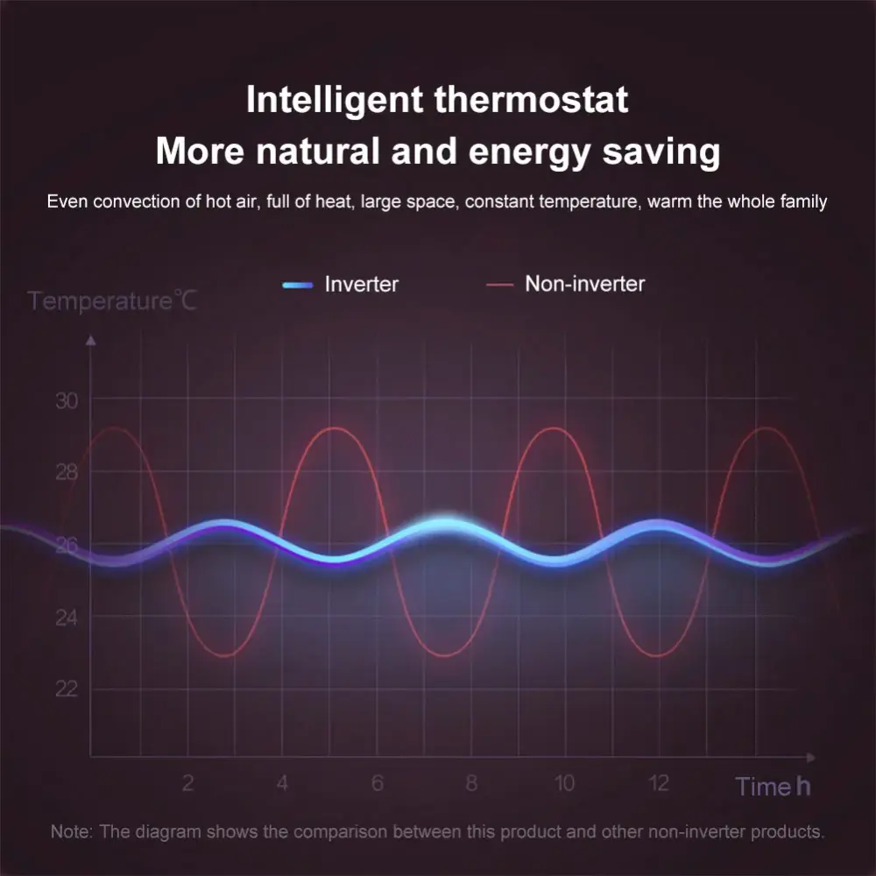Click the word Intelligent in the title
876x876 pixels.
coord(334,101)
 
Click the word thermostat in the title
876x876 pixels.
coord(532,100)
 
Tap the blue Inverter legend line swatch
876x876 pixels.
coord(298,285)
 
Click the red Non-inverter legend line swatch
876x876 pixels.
coord(499,285)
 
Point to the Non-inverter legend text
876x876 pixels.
coord(585,284)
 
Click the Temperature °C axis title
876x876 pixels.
coord(112,300)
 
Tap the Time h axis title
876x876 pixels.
coord(773,786)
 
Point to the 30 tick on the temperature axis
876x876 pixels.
coord(67,400)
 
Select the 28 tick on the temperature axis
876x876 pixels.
coord(67,473)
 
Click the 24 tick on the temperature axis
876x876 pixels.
coord(67,618)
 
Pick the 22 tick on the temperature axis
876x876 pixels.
coord(67,689)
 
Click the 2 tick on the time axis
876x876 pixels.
coord(188,782)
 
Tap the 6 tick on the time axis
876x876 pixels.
coord(378,782)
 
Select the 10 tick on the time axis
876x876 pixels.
coord(564,782)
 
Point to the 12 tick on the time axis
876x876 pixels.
coord(659,782)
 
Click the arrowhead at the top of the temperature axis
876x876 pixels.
coord(90,340)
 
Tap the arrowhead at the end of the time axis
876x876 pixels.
coord(810,758)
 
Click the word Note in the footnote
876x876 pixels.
coord(70,832)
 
